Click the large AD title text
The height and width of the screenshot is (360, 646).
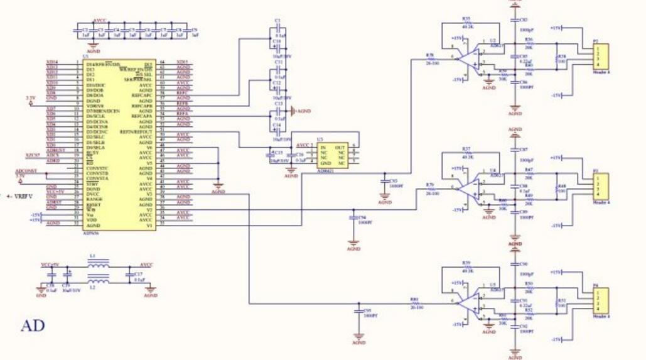(33, 325)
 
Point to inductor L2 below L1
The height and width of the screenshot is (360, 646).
(97, 280)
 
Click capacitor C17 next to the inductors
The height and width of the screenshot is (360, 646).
(130, 275)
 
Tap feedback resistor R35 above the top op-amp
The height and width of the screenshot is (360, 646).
(466, 23)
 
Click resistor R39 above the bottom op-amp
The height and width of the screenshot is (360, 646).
(466, 267)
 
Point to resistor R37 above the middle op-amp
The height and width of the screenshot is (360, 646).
(466, 153)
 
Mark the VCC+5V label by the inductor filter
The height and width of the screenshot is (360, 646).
(50, 265)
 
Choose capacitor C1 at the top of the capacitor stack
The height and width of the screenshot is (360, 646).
(277, 29)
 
